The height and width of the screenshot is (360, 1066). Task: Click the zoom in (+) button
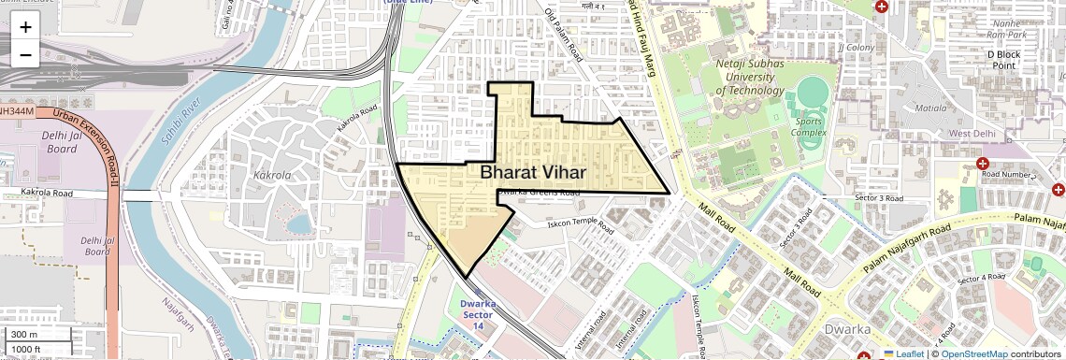[25, 27]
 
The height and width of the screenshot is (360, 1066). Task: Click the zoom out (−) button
[25, 54]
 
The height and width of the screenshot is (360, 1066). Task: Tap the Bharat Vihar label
[533, 172]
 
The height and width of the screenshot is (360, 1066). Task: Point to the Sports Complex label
[810, 127]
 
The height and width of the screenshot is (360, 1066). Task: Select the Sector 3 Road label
[878, 198]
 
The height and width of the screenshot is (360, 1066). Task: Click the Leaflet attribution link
[910, 353]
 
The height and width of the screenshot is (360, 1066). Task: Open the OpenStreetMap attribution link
[974, 353]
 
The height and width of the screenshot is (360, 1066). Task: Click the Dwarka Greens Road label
[538, 193]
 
